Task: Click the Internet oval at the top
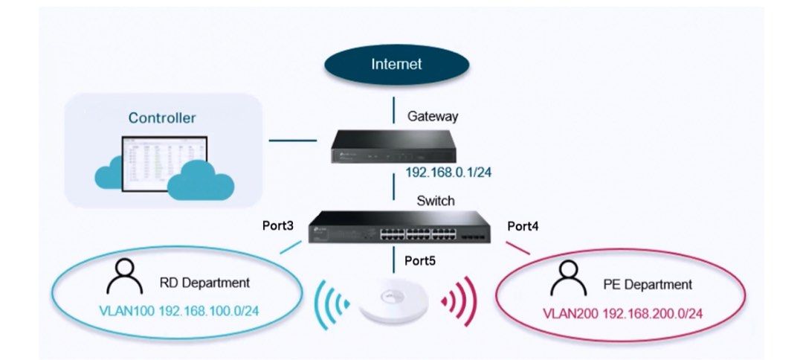[x=396, y=64]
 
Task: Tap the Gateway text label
[x=433, y=116]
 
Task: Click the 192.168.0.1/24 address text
[x=448, y=173]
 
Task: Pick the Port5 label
[x=421, y=261]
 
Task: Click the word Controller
[x=162, y=118]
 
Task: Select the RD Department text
[x=204, y=283]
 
